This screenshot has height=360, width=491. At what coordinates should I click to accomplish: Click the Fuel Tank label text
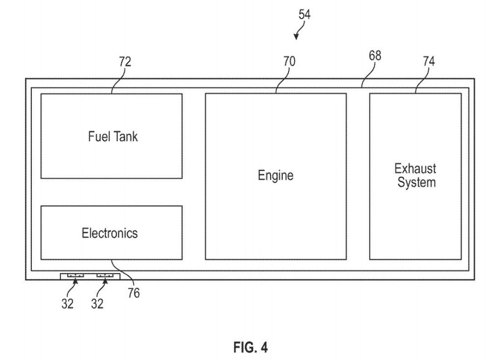[113, 137]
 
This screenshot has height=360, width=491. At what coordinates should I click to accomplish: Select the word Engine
[275, 175]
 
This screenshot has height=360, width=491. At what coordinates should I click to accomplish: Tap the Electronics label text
[109, 233]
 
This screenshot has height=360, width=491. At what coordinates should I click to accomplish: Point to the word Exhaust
[415, 168]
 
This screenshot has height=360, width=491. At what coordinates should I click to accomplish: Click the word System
[416, 182]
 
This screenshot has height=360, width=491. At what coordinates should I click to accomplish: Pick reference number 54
[304, 14]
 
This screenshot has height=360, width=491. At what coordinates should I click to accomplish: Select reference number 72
[125, 62]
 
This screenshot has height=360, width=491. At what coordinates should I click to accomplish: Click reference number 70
[289, 61]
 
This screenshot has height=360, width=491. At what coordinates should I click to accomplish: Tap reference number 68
[375, 55]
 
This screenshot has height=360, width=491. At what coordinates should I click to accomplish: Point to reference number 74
[429, 61]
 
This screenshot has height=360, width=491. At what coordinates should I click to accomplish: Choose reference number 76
[134, 293]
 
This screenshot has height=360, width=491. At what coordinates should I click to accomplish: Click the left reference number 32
[67, 304]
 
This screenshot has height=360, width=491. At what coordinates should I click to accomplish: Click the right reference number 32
[97, 304]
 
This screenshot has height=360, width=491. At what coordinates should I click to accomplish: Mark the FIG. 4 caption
[250, 347]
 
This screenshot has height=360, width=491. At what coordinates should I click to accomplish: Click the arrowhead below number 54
[296, 37]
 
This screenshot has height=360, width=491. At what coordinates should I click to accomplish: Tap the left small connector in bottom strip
[76, 276]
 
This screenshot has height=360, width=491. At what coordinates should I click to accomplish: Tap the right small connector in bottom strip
[105, 276]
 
